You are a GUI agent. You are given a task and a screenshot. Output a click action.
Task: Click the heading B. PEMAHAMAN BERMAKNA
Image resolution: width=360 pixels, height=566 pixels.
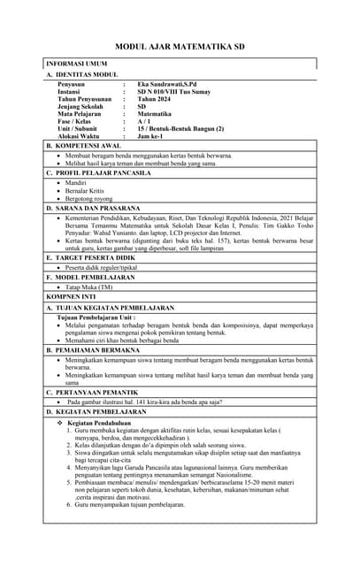94,351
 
